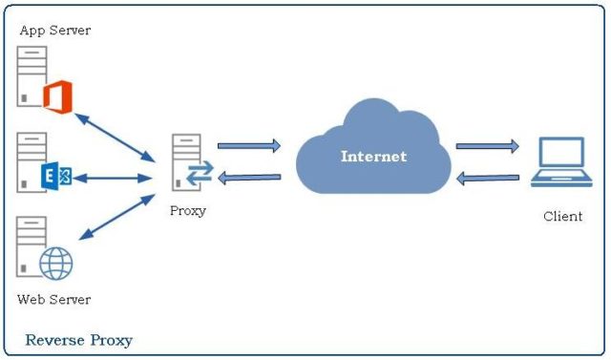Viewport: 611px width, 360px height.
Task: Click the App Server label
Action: pos(54,31)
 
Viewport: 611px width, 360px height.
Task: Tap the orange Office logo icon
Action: pos(57,96)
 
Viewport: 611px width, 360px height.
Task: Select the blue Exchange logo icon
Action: pos(56,178)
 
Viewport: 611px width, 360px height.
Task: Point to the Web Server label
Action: pos(54,300)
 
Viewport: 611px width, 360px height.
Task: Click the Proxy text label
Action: pos(187,210)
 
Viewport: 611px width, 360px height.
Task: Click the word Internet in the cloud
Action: pos(373,157)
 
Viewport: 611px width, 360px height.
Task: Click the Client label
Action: pos(562,216)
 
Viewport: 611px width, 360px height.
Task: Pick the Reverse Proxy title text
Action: pos(78,340)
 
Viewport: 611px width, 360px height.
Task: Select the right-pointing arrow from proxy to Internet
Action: pos(249,146)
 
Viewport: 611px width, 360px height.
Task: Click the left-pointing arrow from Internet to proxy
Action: pos(249,177)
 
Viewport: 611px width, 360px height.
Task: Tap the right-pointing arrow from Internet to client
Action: pos(487,146)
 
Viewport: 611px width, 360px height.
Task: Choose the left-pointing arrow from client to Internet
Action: pos(487,178)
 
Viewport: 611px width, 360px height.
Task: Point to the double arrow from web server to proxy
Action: pos(116,219)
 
